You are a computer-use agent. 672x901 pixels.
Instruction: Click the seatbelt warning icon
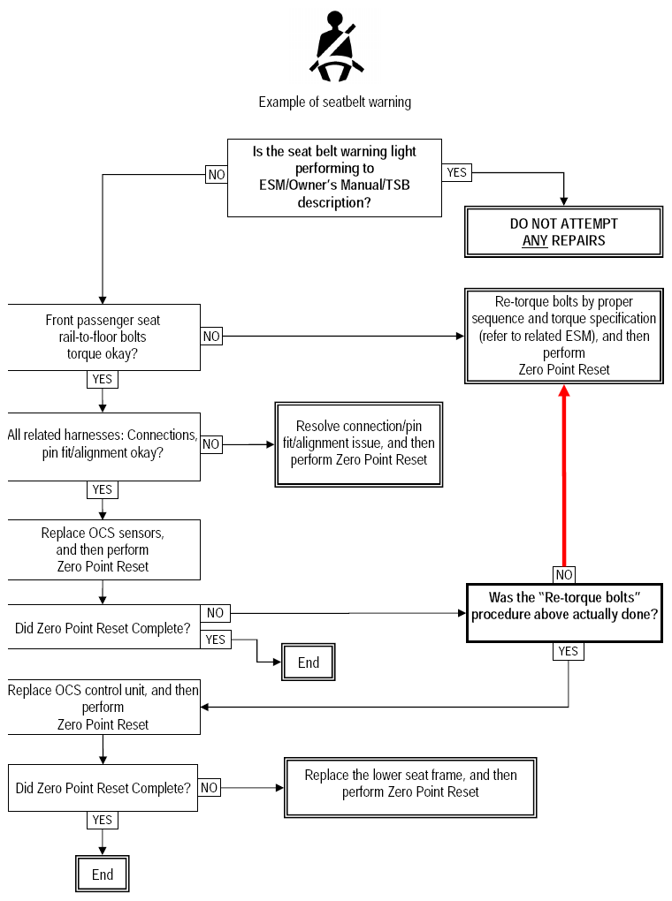337,47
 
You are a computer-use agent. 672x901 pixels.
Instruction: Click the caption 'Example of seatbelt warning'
335,102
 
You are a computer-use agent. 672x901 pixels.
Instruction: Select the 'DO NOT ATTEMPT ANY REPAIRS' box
564,231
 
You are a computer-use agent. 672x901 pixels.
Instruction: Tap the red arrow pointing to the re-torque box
564,476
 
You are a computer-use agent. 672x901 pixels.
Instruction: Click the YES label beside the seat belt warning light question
457,172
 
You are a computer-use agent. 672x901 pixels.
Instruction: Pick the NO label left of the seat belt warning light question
217,175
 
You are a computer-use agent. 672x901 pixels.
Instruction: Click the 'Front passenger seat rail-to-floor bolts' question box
103,337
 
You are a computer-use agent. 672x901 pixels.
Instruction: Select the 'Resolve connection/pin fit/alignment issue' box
359,444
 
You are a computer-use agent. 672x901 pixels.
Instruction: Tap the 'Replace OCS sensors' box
103,550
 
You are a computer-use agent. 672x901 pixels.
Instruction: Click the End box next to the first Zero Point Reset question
309,662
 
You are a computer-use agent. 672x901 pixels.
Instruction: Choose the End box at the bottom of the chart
103,874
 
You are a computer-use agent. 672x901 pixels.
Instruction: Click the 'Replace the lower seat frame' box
410,787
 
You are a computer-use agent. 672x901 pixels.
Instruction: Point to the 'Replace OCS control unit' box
103,707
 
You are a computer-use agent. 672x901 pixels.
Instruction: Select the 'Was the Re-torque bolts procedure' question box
564,612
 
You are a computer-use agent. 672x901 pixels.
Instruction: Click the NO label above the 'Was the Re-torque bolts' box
564,575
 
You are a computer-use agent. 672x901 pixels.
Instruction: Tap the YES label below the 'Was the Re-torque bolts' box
569,651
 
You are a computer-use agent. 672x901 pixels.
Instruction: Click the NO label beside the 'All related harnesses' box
211,444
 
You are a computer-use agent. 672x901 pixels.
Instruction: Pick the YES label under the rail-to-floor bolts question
103,379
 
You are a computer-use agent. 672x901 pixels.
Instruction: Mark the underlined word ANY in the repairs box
534,240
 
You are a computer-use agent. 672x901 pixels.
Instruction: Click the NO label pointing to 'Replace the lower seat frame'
209,787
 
